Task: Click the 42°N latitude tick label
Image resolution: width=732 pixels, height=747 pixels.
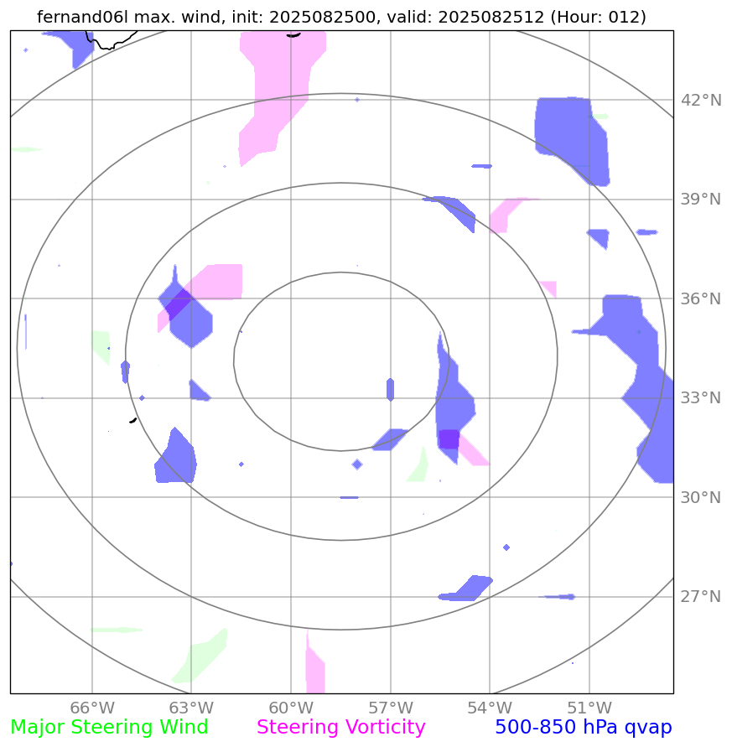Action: pyautogui.click(x=700, y=101)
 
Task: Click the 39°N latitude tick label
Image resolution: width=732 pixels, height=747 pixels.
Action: pyautogui.click(x=700, y=200)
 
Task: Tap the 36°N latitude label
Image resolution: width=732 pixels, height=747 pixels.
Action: pyautogui.click(x=700, y=299)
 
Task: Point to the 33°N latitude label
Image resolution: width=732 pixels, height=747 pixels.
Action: pyautogui.click(x=700, y=398)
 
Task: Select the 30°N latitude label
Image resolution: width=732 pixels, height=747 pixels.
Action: pyautogui.click(x=700, y=498)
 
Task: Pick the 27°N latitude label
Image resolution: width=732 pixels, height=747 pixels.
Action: pyautogui.click(x=700, y=597)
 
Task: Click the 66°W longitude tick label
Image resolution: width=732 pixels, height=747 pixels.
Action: pyautogui.click(x=91, y=708)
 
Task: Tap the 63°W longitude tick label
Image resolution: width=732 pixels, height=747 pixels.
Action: pyautogui.click(x=191, y=708)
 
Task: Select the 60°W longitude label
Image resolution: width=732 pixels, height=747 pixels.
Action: pyautogui.click(x=291, y=708)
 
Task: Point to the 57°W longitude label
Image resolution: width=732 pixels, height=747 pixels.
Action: pyautogui.click(x=390, y=708)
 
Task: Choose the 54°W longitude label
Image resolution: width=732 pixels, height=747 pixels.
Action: pyautogui.click(x=490, y=708)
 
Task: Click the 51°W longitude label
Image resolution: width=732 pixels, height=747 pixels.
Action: pyautogui.click(x=589, y=708)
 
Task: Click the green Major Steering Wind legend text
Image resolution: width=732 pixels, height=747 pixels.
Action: pyautogui.click(x=109, y=728)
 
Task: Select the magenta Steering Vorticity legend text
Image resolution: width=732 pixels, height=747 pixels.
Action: pyautogui.click(x=341, y=728)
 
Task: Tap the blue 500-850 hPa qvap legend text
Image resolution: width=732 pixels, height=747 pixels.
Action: pyautogui.click(x=583, y=728)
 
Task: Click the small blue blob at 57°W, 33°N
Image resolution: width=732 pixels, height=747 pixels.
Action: pyautogui.click(x=390, y=389)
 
